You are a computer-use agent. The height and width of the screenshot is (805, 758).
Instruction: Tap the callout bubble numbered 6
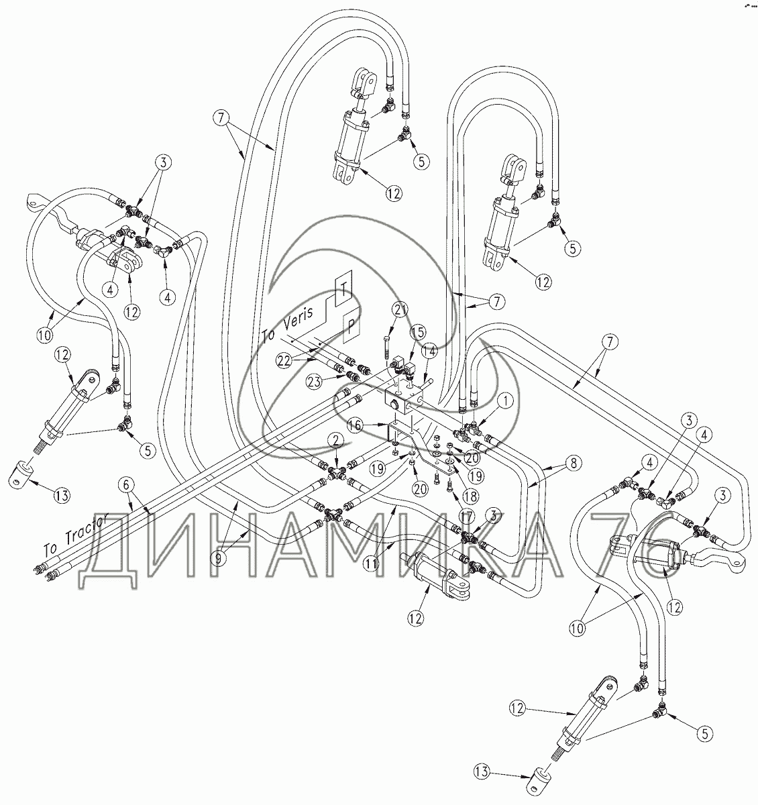pyautogui.click(x=124, y=484)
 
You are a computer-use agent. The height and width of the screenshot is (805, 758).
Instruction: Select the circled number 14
pyautogui.click(x=429, y=350)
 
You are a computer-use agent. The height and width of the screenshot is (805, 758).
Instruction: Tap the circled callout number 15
pyautogui.click(x=417, y=332)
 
